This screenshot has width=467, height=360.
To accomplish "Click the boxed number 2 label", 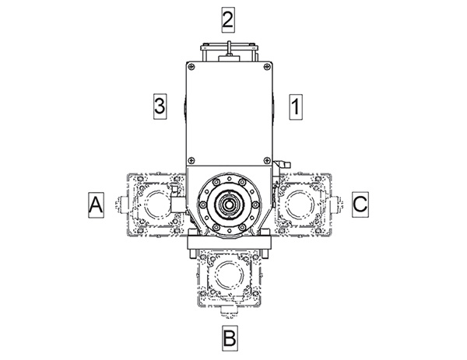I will coord(227,19).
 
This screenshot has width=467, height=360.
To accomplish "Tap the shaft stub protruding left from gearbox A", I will coord(121,206).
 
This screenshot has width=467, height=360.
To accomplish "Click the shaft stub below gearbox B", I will coord(228,310).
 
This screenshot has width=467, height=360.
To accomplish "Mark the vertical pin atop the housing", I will coord(228,50).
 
